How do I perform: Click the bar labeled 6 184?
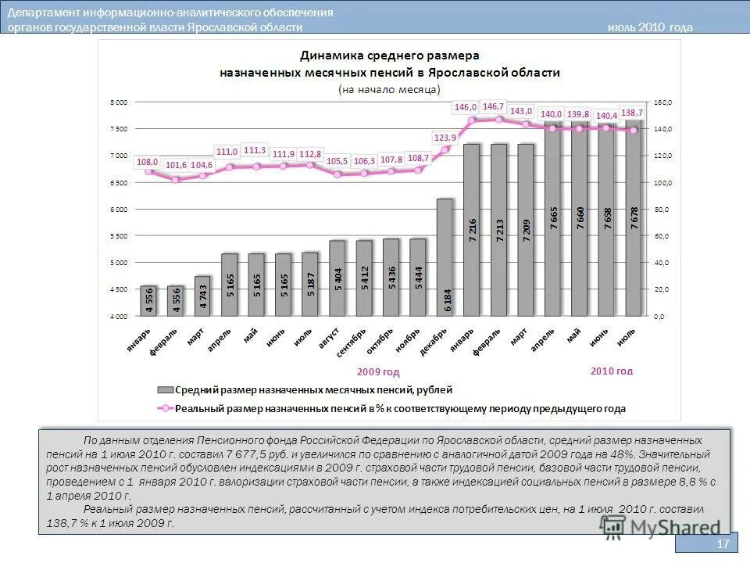point(445,257)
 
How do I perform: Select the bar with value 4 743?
point(203,296)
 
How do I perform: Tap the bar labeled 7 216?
point(471,230)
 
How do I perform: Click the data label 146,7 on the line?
point(494,106)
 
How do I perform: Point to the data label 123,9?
point(445,138)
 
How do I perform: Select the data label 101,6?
point(176,165)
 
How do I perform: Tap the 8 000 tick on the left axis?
point(118,102)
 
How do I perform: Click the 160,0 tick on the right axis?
point(662,102)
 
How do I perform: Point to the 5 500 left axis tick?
point(118,236)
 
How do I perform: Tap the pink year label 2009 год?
point(378,371)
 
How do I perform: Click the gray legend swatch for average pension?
point(165,389)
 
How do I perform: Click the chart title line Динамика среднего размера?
point(390,56)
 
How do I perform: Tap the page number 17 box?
point(722,544)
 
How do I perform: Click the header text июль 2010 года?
point(650,27)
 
